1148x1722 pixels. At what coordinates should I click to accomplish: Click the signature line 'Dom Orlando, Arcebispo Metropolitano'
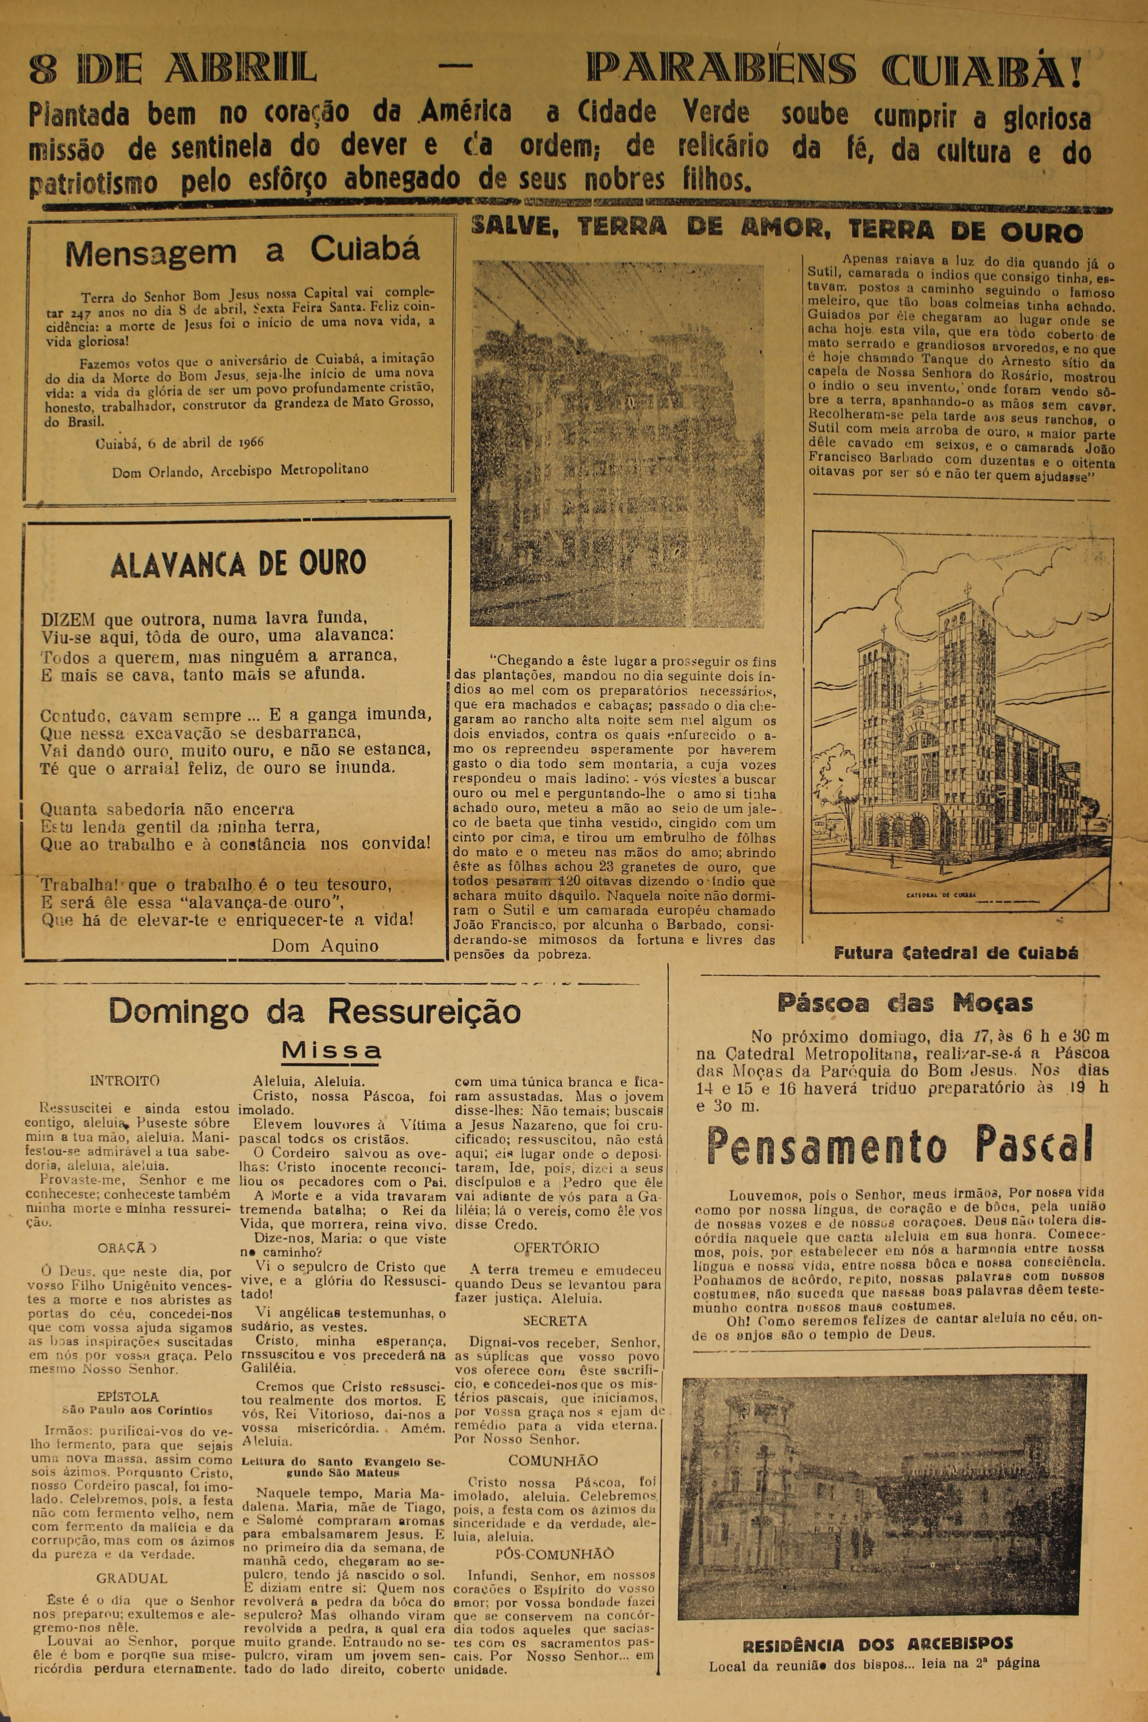240,471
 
